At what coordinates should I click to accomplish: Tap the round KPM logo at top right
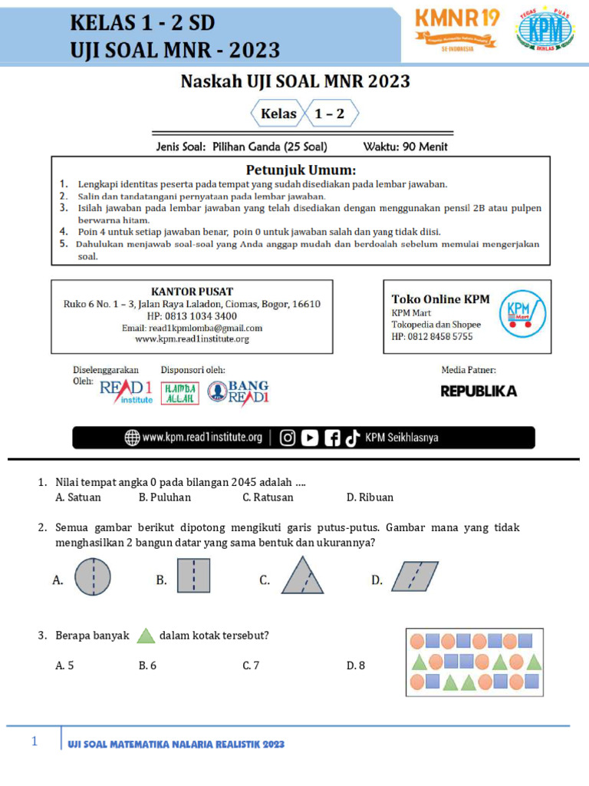pos(545,30)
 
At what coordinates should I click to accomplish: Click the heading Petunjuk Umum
pos(301,169)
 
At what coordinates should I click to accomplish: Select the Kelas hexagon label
pos(278,114)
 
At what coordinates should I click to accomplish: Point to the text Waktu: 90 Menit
pos(404,147)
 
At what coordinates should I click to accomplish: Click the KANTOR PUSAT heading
pos(192,292)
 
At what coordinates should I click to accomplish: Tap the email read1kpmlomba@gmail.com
pos(192,328)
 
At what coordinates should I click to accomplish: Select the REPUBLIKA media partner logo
pos(479,391)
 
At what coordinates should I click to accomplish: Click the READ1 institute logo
pos(126,391)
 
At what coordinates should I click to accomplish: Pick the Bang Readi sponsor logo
pos(239,391)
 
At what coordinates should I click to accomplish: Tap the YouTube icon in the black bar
pos(309,438)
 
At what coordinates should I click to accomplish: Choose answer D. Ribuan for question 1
pos(370,497)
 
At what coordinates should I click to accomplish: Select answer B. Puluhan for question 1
pos(165,497)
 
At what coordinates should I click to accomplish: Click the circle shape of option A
pos(92,577)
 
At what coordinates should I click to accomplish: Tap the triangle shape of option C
pos(302,576)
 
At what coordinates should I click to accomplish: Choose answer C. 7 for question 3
pos(251,665)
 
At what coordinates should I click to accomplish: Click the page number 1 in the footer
pos(35,742)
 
